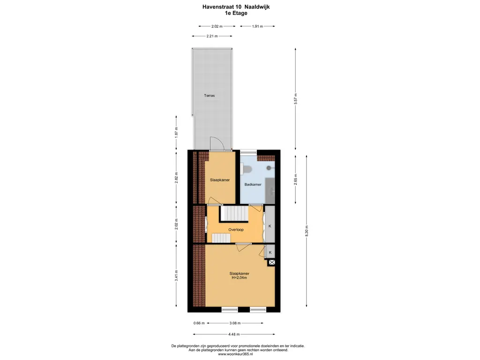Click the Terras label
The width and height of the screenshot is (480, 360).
click(x=210, y=96)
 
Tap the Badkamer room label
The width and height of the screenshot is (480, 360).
click(x=253, y=184)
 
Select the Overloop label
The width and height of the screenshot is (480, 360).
click(x=236, y=230)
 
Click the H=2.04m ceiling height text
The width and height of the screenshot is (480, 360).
click(x=240, y=277)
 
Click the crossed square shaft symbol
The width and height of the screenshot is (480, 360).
click(x=271, y=262)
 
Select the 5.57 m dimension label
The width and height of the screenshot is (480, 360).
click(x=295, y=99)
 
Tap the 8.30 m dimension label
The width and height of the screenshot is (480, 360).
click(x=307, y=231)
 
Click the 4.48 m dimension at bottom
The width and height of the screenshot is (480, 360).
click(x=234, y=334)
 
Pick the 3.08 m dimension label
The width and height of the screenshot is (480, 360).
click(x=235, y=323)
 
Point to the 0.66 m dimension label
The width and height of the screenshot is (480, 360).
click(x=199, y=323)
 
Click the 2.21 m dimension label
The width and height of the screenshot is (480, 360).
click(x=212, y=36)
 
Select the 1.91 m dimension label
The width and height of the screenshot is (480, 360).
click(x=257, y=26)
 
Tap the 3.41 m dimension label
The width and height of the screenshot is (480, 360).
click(x=176, y=276)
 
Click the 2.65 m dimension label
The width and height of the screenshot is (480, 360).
click(x=295, y=180)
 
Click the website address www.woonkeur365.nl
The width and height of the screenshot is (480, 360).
click(x=235, y=354)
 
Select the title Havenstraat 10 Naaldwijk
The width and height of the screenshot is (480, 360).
click(x=236, y=7)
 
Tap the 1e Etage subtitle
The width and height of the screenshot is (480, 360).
click(x=236, y=13)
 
